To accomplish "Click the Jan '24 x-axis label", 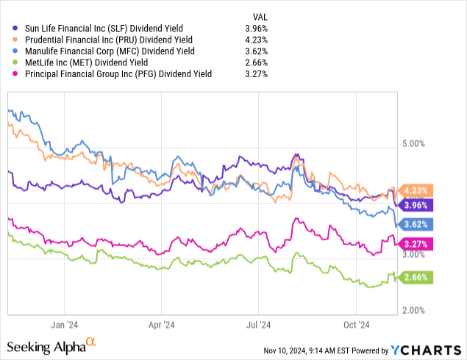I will (65, 323).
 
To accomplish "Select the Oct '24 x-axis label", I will (357, 323).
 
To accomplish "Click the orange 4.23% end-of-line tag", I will (417, 190).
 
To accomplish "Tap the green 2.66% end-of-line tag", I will (417, 277).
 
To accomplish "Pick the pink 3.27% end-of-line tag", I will (417, 243).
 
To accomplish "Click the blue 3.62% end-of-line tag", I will (417, 224).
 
